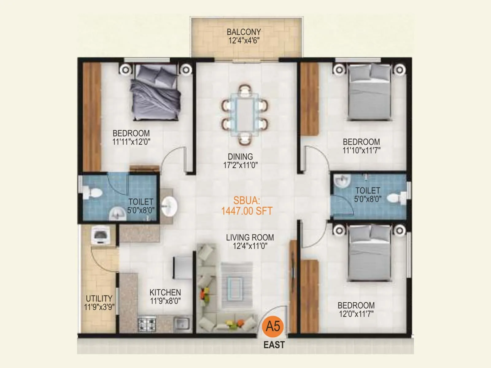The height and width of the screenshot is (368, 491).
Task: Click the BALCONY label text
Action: tap(244, 32)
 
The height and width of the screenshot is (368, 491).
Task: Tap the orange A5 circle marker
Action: tap(273, 326)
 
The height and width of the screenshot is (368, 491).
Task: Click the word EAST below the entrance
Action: tap(274, 345)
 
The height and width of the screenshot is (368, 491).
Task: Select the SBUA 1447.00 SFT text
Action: tap(247, 206)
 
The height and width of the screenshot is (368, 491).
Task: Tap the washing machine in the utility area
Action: tap(99, 236)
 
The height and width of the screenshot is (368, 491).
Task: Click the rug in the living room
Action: tap(237, 285)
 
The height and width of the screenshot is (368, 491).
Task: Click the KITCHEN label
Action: tap(165, 292)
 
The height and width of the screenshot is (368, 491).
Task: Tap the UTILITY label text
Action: tap(99, 298)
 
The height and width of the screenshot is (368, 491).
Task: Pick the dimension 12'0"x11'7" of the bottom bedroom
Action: tap(356, 314)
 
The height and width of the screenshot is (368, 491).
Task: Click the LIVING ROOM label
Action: tap(250, 237)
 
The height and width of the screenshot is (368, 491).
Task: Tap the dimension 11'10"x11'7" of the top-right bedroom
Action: tap(361, 150)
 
